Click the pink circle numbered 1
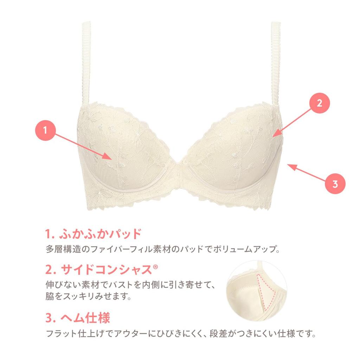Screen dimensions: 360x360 point(45,130)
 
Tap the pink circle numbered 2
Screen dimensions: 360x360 point(319,103)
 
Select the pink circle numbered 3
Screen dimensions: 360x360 point(335,184)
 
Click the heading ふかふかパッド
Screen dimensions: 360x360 point(94,234)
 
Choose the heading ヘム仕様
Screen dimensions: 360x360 point(78,318)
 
